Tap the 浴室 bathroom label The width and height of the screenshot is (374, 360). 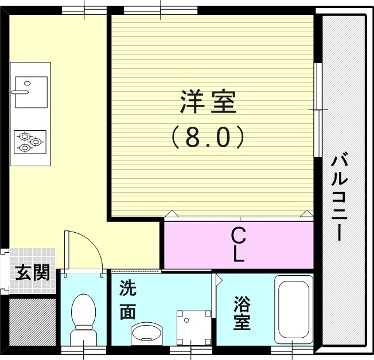click(x=241, y=313)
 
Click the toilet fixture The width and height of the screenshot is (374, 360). click(x=83, y=318)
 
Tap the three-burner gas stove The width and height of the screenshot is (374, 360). click(x=30, y=141)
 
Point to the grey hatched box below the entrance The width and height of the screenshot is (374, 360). click(x=32, y=320)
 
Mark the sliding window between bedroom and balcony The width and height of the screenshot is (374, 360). click(x=317, y=109)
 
